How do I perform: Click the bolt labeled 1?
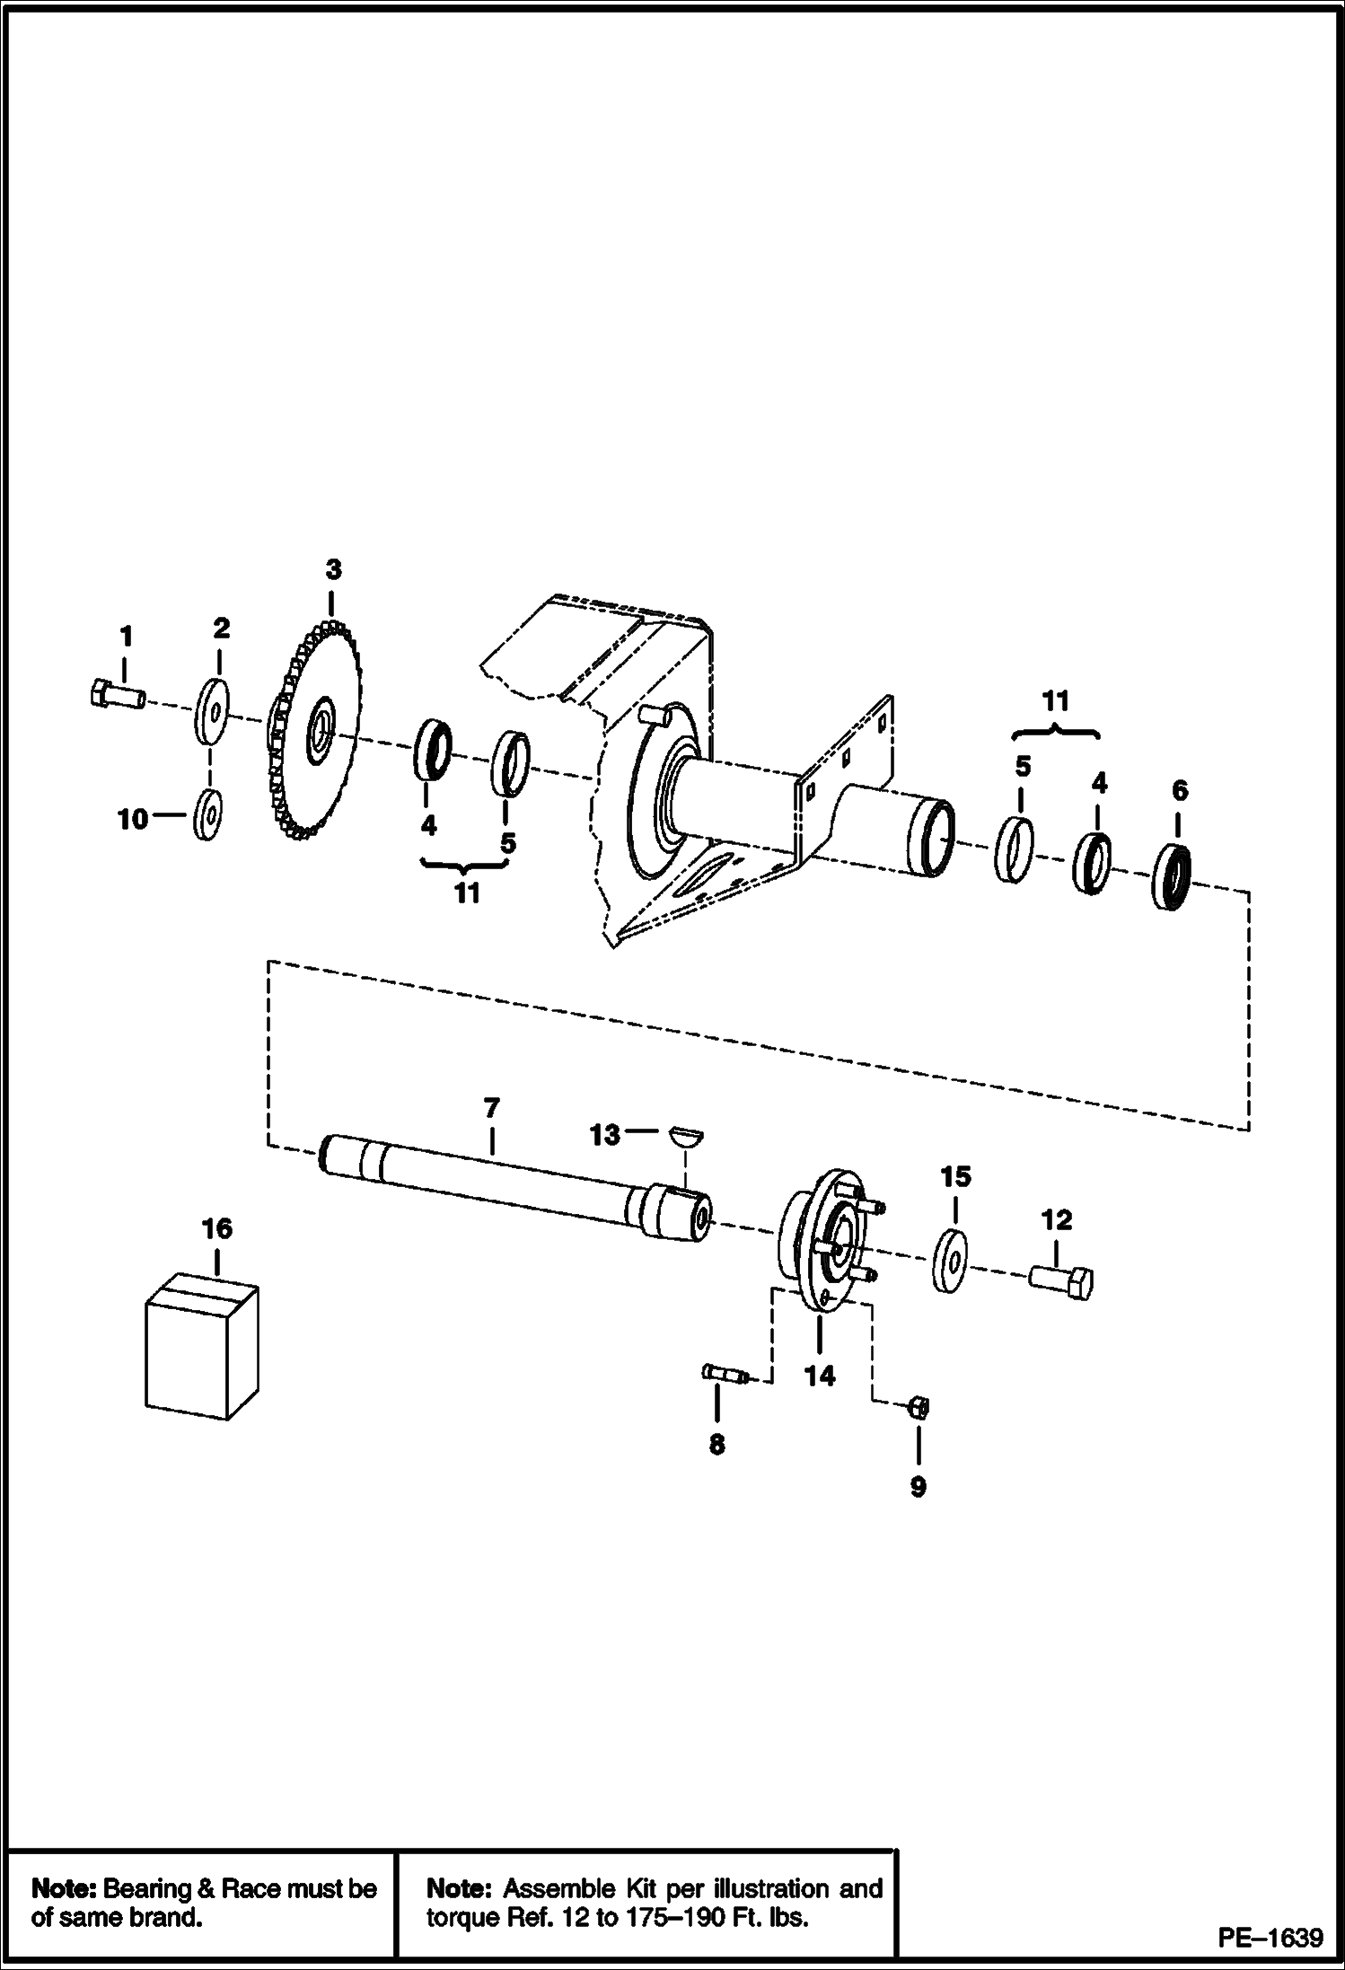click(x=118, y=696)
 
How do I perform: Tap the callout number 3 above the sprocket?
click(x=333, y=569)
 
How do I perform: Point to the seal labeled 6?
click(x=1172, y=876)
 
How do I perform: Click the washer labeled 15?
click(x=950, y=1262)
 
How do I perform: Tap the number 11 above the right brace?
click(x=1056, y=701)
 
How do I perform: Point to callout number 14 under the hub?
click(x=820, y=1376)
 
